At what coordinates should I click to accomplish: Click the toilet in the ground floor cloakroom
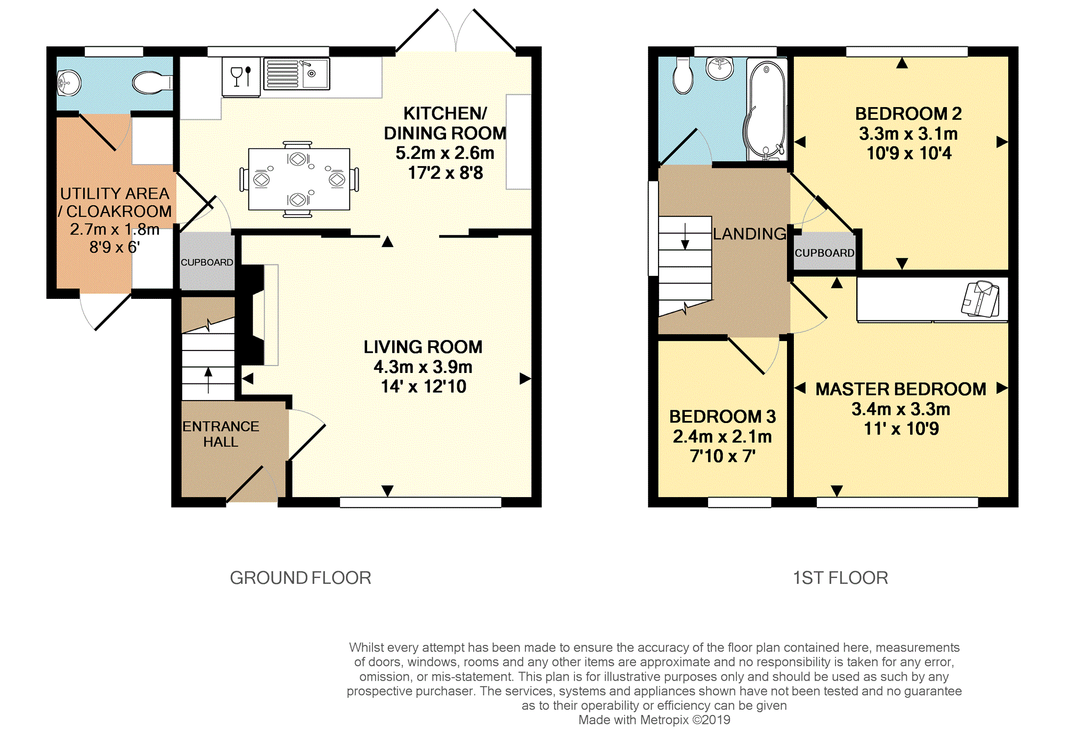[x=152, y=83]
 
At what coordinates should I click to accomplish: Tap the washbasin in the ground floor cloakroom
[x=69, y=83]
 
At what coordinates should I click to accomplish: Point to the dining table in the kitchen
[x=299, y=179]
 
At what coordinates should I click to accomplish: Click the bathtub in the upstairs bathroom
[x=766, y=109]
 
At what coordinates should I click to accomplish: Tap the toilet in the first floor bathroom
[x=683, y=76]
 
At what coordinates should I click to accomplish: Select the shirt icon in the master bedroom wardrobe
[x=980, y=299]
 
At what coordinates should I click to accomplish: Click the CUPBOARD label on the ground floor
[x=207, y=262]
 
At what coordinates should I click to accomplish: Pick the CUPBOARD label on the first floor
[x=824, y=253]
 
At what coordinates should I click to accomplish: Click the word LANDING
[x=750, y=233]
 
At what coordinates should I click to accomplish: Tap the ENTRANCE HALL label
[x=221, y=434]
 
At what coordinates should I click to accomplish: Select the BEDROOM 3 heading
[x=723, y=416]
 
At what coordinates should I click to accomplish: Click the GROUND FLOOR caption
[x=301, y=578]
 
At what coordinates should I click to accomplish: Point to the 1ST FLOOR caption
[x=841, y=578]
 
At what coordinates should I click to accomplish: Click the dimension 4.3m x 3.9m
[x=423, y=367]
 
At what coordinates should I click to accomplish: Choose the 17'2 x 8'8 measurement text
[x=445, y=173]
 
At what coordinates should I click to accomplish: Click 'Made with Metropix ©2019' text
[x=654, y=720]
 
